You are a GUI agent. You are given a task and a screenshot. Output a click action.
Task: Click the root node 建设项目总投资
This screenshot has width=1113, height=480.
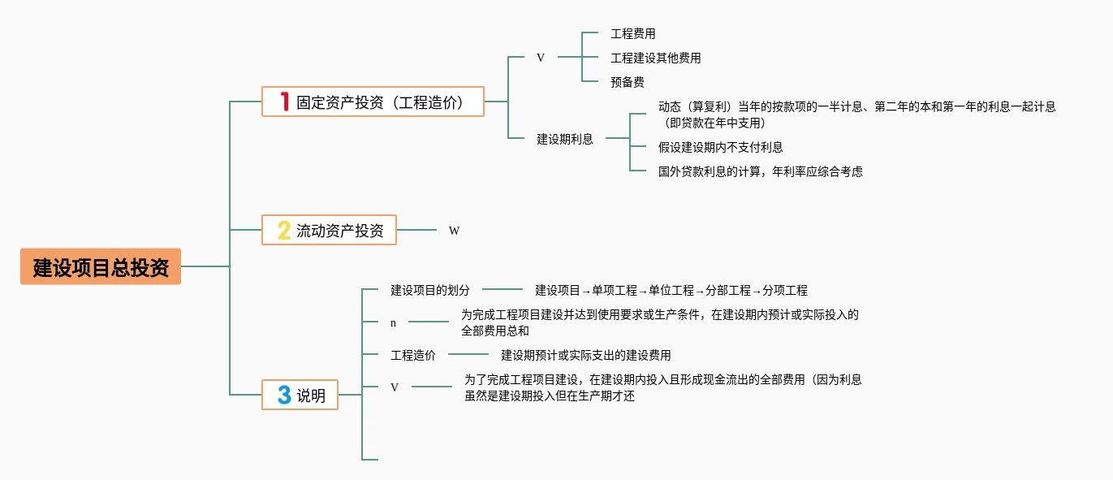pyautogui.click(x=101, y=266)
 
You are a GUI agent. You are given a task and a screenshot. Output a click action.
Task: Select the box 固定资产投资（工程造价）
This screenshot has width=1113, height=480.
pyautogui.click(x=373, y=102)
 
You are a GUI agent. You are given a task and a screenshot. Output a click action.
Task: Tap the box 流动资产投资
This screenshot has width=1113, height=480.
pyautogui.click(x=329, y=230)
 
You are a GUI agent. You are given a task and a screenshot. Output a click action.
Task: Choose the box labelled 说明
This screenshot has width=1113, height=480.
pyautogui.click(x=300, y=395)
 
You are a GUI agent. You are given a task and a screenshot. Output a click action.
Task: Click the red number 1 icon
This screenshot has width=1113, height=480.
pyautogui.click(x=284, y=102)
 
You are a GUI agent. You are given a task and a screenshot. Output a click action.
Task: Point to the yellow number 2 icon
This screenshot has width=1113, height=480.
pyautogui.click(x=284, y=230)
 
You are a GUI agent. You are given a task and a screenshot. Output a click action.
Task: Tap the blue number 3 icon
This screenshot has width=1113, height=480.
pyautogui.click(x=284, y=395)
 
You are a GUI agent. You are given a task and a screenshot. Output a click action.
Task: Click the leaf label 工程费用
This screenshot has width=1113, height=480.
pyautogui.click(x=632, y=33)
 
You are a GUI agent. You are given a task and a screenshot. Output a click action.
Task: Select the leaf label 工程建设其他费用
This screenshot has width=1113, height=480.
pyautogui.click(x=655, y=58)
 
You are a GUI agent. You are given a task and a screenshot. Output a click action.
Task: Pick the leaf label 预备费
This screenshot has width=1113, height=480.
pyautogui.click(x=627, y=81)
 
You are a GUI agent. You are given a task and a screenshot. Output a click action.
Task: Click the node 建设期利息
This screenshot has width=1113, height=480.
pyautogui.click(x=564, y=139)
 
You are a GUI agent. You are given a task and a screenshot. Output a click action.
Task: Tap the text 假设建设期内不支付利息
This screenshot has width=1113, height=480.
pyautogui.click(x=720, y=147)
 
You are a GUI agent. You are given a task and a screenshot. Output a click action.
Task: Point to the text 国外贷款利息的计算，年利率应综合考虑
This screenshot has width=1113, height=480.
pyautogui.click(x=760, y=171)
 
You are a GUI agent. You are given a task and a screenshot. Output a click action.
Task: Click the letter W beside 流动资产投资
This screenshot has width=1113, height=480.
pyautogui.click(x=454, y=231)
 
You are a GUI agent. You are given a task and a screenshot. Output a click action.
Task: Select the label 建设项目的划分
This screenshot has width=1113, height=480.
pyautogui.click(x=430, y=289)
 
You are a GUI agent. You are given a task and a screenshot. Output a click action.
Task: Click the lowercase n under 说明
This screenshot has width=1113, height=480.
pyautogui.click(x=394, y=322)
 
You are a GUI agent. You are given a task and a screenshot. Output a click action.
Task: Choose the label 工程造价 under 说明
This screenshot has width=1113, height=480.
pyautogui.click(x=413, y=354)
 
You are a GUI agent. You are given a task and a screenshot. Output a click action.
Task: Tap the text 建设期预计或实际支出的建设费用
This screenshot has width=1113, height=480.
pyautogui.click(x=585, y=354)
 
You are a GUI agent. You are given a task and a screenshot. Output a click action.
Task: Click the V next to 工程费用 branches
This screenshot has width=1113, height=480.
pyautogui.click(x=541, y=58)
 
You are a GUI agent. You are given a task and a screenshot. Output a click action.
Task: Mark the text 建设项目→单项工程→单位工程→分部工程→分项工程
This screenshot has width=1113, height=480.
pyautogui.click(x=671, y=290)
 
